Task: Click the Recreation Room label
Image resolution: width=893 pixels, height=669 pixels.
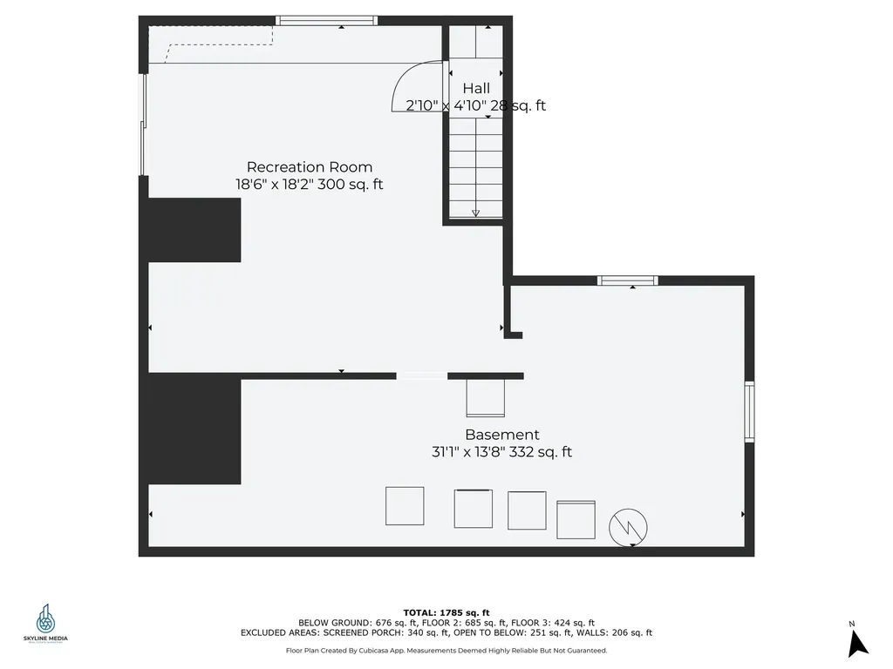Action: click(309, 167)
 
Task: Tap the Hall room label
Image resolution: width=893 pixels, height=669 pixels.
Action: click(476, 88)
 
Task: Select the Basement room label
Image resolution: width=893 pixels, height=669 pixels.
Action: click(501, 435)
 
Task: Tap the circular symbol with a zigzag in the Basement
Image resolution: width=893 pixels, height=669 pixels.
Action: click(629, 527)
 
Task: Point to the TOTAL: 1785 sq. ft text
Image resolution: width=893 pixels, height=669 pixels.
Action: click(446, 612)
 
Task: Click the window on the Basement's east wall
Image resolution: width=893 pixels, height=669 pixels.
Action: click(749, 411)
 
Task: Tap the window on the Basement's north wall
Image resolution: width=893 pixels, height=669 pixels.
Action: click(627, 280)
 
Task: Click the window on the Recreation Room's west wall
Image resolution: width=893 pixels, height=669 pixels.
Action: click(144, 125)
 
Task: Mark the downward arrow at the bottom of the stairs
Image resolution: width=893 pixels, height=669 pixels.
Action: click(475, 213)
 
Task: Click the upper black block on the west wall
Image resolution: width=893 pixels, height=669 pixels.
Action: click(194, 230)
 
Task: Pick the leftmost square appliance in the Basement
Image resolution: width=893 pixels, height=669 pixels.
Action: click(405, 506)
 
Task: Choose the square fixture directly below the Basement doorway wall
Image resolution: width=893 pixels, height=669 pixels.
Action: click(486, 398)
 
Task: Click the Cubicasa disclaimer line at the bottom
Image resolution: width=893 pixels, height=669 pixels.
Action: click(446, 651)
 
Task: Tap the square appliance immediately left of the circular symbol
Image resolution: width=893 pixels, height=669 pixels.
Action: click(576, 519)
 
